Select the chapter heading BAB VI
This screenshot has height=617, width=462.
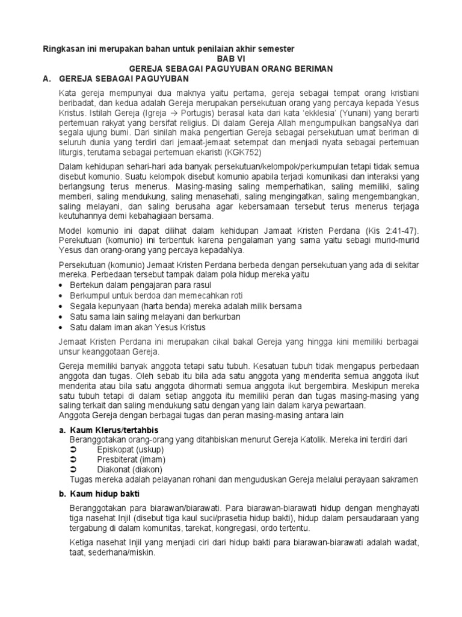pos(231,58)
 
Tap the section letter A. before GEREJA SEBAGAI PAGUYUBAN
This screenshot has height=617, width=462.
pos(44,79)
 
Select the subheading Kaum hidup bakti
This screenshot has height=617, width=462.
pos(102,493)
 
